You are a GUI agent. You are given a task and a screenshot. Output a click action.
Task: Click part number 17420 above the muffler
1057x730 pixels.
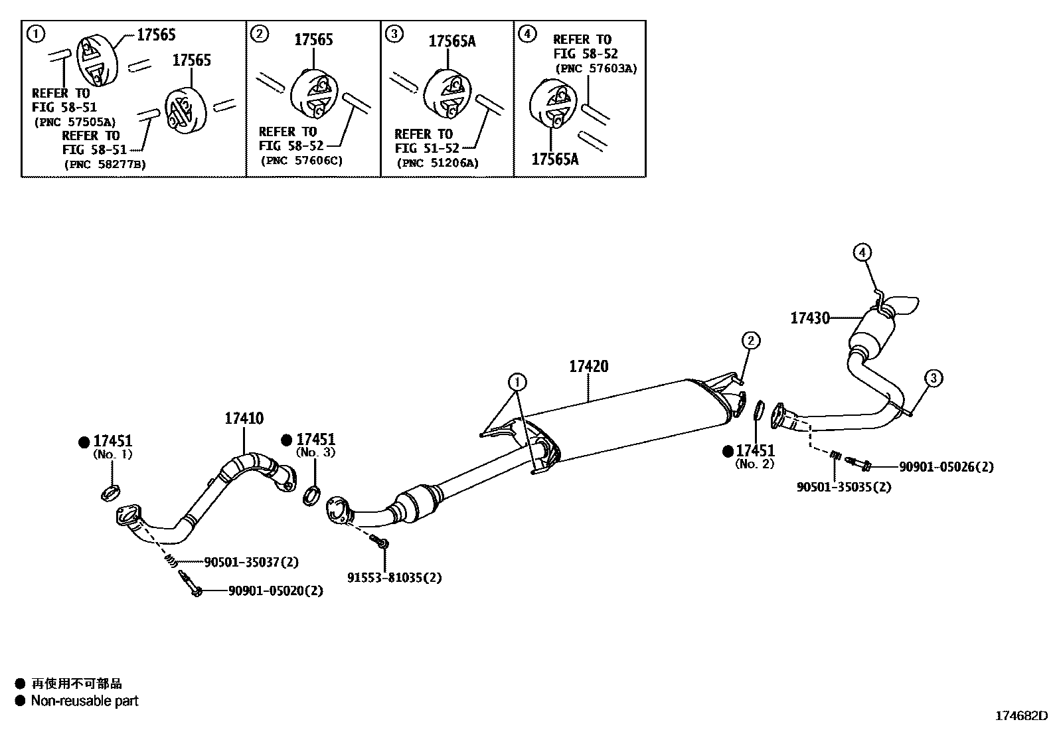[588, 366]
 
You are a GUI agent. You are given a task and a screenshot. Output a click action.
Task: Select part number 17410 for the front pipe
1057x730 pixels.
[244, 418]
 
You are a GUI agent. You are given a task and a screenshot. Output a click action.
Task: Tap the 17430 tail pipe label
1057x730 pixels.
[809, 318]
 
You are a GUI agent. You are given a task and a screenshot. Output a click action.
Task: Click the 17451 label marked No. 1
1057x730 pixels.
[112, 440]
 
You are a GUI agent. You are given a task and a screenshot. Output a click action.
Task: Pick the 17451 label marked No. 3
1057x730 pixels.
[315, 439]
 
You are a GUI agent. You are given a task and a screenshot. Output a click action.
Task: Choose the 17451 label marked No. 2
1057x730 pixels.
[755, 451]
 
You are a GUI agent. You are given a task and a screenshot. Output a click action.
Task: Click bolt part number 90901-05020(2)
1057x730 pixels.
[276, 590]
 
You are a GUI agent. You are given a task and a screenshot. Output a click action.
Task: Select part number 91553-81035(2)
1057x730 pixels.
[394, 577]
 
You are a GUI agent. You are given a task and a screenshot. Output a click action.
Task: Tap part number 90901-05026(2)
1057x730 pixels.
[946, 467]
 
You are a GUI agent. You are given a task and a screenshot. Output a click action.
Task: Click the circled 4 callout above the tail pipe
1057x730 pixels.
[861, 252]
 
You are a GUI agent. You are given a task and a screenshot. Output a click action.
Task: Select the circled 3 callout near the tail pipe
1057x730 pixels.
[933, 379]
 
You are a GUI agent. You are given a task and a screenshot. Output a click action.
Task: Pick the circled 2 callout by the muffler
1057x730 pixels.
[750, 341]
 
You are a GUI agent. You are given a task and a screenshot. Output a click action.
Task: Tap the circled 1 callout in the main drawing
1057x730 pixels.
[517, 381]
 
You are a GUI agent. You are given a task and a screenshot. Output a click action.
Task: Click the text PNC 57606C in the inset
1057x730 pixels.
[301, 160]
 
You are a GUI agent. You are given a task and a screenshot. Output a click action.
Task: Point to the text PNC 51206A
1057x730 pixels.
[437, 163]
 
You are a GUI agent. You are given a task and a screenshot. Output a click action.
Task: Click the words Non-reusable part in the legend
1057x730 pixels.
[84, 700]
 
